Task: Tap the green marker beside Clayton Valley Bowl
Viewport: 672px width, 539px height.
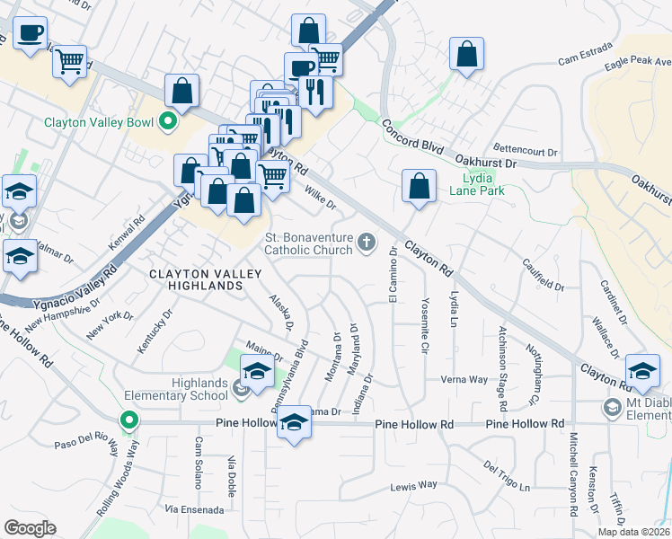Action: point(167,120)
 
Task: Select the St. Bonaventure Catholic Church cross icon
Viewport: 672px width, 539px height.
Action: point(366,242)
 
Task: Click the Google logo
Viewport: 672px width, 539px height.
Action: point(30,527)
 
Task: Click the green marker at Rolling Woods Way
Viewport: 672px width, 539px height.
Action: point(129,420)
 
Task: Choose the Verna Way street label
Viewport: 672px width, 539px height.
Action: point(464,380)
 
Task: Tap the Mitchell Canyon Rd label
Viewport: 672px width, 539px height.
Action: point(573,476)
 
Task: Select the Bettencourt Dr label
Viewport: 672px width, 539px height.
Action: point(526,148)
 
